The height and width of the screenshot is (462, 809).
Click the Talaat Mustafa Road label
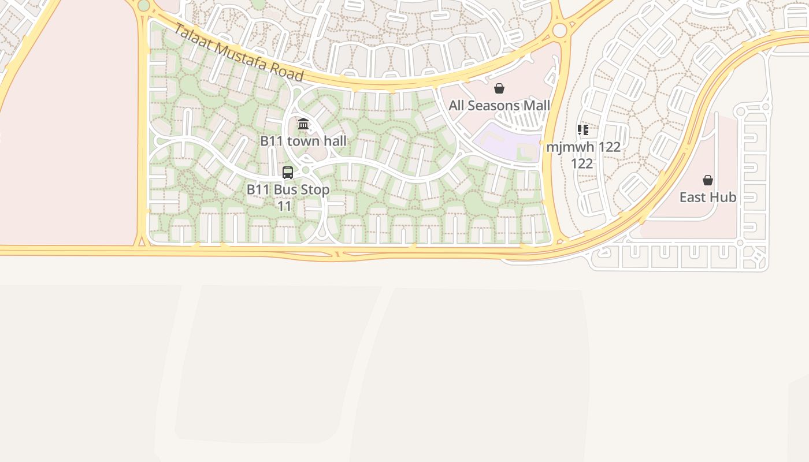[238, 53]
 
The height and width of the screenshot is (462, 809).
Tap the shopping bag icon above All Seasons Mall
[499, 88]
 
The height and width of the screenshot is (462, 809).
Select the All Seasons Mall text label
[499, 106]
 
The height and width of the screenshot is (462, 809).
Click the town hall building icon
[303, 124]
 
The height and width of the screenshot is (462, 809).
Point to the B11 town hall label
[303, 141]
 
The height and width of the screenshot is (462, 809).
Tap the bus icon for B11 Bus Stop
[288, 172]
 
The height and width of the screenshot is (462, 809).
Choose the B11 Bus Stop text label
[288, 189]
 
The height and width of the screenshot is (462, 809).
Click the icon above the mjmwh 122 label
[582, 130]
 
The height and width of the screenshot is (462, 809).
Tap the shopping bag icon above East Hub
[708, 180]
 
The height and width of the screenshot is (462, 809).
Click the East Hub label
[708, 198]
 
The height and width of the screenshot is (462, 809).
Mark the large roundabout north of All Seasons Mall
[559, 30]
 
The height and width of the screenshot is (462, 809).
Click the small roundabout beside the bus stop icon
[306, 170]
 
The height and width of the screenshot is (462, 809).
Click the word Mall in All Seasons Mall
[537, 106]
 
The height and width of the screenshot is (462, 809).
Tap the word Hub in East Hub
[723, 198]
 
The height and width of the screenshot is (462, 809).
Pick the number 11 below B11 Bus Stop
[285, 206]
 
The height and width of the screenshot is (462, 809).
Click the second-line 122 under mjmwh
[582, 163]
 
